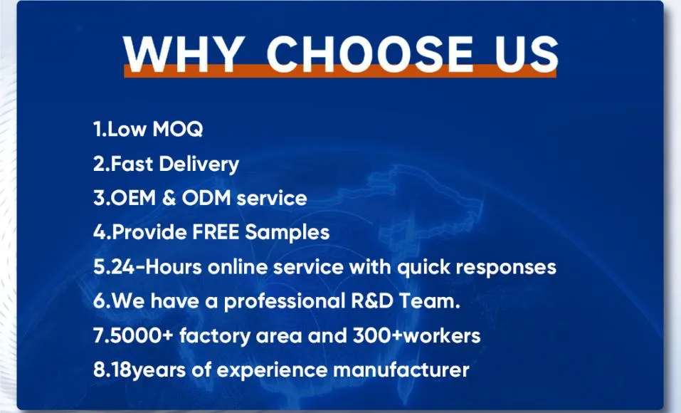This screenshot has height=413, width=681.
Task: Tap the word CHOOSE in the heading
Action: tap(369, 52)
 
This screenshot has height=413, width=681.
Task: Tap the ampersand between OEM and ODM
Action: tap(169, 198)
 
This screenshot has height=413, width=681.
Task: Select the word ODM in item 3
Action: tap(206, 198)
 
